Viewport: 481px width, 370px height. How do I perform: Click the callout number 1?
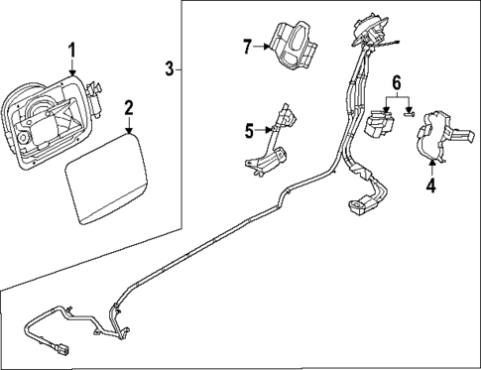click(x=70, y=49)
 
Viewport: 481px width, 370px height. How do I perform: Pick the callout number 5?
click(x=250, y=128)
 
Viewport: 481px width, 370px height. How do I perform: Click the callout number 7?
click(x=250, y=45)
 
